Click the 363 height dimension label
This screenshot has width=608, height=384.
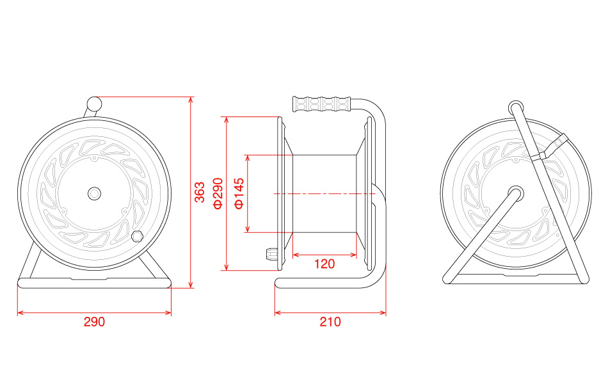click(200, 192)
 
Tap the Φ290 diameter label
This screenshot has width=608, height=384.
click(218, 193)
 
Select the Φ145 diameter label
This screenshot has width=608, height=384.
click(239, 193)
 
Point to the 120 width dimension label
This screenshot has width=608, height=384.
click(324, 264)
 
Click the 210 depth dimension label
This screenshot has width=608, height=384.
click(330, 322)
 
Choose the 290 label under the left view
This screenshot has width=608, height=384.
click(94, 322)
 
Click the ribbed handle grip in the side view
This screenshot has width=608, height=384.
click(322, 104)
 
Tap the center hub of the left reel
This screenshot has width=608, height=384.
click(94, 193)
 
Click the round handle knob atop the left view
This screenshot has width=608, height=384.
click(94, 104)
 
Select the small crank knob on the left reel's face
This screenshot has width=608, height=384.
click(137, 236)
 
